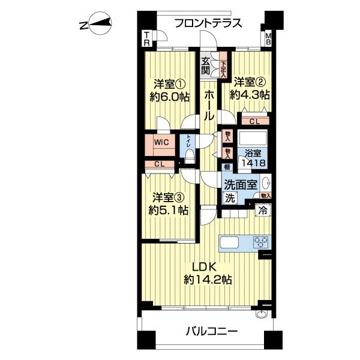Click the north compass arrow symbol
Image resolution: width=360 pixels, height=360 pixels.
96,24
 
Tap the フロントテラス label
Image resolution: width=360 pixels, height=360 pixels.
208,23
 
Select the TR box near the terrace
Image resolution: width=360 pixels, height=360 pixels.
147,40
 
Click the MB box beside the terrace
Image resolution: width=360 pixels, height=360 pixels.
268,40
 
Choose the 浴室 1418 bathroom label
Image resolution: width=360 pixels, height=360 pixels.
253,158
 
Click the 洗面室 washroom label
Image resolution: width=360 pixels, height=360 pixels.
242,185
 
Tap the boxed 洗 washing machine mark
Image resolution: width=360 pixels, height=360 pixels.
230,198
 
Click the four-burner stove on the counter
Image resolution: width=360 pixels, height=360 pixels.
261,242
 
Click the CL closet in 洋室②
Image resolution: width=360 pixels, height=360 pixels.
254,121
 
